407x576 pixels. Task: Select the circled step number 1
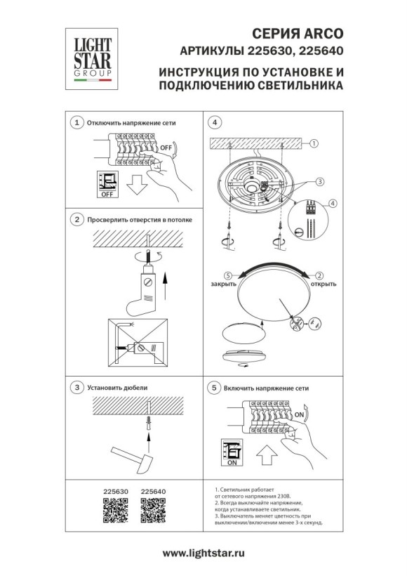click(76, 122)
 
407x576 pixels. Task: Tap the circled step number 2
click(76, 220)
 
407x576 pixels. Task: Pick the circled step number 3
click(76, 387)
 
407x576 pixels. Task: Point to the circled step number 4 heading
click(215, 122)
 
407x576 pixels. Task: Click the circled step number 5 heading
click(215, 387)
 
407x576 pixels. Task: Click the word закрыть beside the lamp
click(222, 284)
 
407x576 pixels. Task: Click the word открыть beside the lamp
click(323, 284)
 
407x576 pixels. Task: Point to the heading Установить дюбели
click(116, 387)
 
